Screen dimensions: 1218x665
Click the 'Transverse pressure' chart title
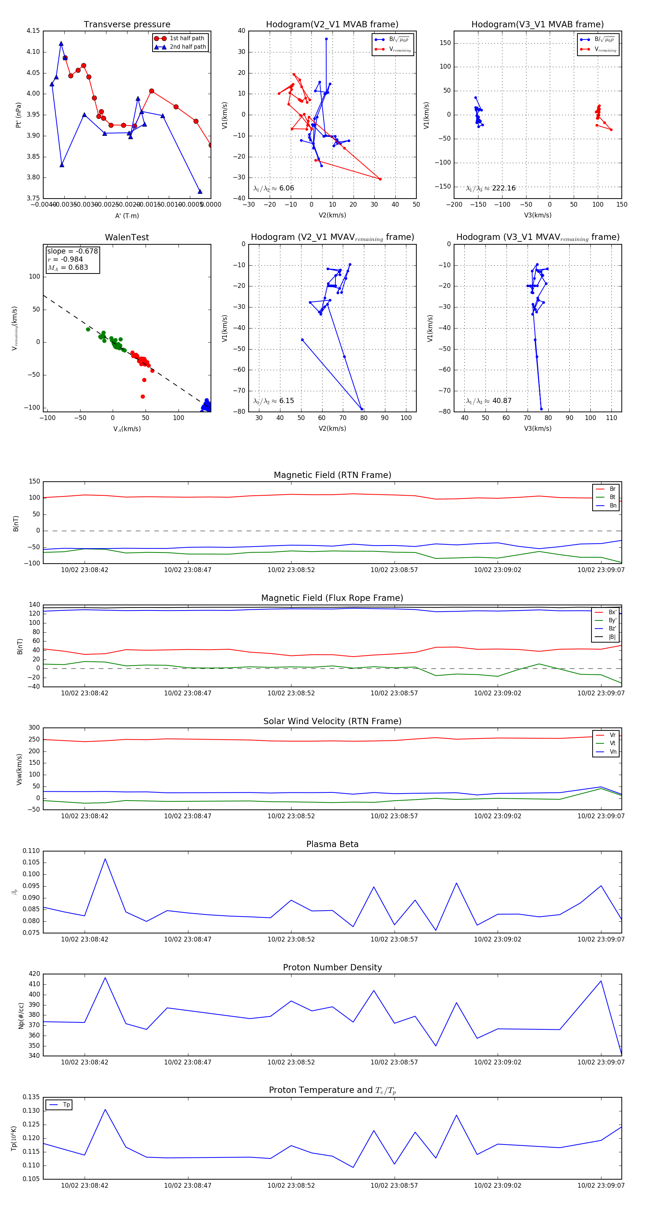[127, 25]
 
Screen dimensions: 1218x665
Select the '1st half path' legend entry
[187, 38]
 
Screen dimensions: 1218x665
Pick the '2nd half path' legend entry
[187, 47]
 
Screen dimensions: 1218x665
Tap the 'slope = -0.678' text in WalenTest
[72, 251]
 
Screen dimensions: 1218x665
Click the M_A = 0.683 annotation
[68, 268]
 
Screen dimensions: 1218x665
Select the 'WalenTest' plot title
[127, 237]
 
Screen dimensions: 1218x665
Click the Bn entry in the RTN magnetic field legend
[613, 505]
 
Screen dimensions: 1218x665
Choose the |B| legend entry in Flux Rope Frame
[611, 637]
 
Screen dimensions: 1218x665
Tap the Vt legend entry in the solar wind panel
[613, 743]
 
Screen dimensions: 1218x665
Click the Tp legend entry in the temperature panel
[66, 1105]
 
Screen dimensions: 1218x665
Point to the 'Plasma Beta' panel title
[332, 844]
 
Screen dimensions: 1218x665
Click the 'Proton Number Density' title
[332, 967]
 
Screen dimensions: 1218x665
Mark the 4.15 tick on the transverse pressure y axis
[33, 31]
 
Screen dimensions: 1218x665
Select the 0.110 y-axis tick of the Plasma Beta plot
[31, 851]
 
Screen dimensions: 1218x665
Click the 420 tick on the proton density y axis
[35, 974]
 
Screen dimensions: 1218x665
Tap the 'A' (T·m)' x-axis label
[127, 216]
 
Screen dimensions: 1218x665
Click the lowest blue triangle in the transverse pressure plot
[200, 192]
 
